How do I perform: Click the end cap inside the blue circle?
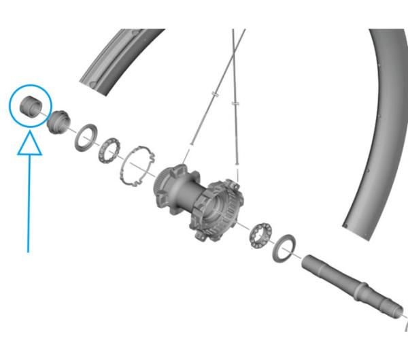point(31,107)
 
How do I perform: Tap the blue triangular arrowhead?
point(29,144)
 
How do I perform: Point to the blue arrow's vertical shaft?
point(29,204)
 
